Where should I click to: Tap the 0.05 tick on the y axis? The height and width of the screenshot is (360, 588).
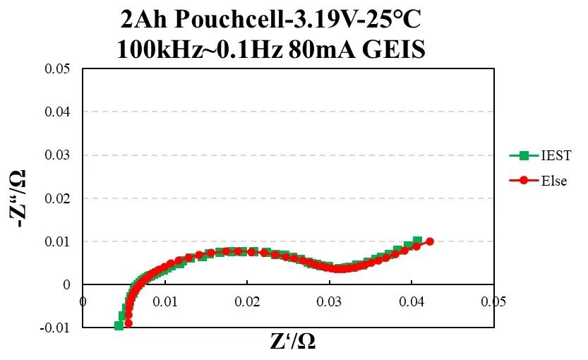(59, 68)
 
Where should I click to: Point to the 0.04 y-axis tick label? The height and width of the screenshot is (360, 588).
(59, 112)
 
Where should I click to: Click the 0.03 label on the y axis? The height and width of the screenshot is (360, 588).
(59, 155)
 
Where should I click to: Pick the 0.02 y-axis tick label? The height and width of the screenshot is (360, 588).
(59, 198)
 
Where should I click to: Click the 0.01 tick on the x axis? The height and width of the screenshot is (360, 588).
(165, 302)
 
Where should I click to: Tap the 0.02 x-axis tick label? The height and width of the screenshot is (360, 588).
(247, 302)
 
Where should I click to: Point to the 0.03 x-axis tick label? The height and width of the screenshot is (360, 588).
(329, 302)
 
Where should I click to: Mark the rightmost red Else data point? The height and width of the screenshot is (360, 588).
(429, 241)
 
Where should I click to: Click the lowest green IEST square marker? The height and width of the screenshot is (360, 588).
(119, 325)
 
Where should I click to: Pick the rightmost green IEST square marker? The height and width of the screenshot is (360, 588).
(418, 241)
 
